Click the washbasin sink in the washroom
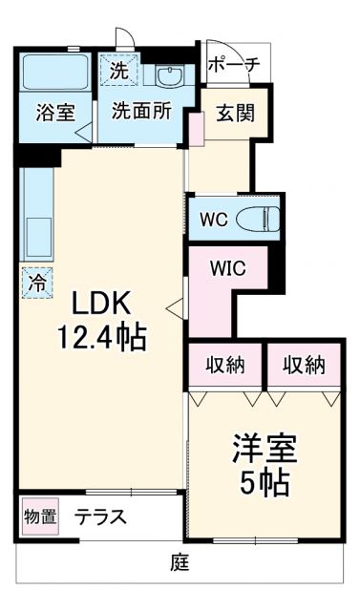pyautogui.click(x=172, y=76)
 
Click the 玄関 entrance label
pyautogui.click(x=232, y=114)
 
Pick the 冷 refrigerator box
pyautogui.click(x=36, y=282)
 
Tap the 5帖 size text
pyautogui.click(x=265, y=483)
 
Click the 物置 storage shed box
pyautogui.click(x=39, y=518)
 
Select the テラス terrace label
pyautogui.click(x=101, y=518)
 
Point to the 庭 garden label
pyautogui.click(x=179, y=564)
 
